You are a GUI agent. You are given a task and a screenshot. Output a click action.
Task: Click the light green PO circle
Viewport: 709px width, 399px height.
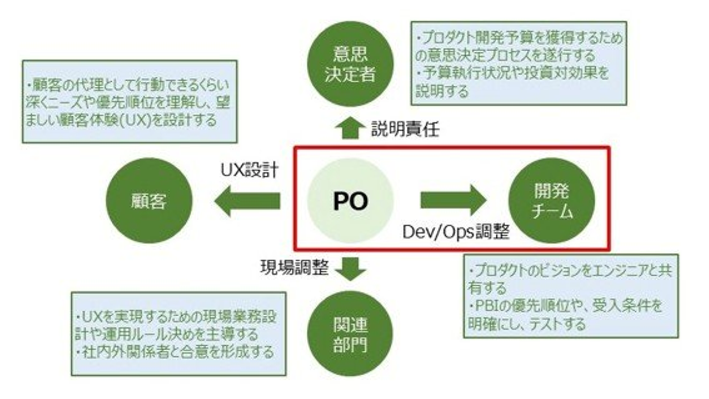point(351,200)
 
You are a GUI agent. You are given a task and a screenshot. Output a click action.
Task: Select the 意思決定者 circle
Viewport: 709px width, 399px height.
point(351,64)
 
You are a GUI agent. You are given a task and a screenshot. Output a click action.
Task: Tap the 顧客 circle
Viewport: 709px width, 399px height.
point(149,200)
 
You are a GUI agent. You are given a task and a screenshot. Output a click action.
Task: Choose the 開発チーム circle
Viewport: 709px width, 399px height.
point(551,200)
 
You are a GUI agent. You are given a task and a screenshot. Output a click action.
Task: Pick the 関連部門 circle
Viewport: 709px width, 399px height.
point(351,333)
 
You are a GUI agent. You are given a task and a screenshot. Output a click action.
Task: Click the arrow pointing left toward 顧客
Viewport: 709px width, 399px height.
point(247,201)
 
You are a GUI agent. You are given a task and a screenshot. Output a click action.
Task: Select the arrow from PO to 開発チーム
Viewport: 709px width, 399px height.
point(453,200)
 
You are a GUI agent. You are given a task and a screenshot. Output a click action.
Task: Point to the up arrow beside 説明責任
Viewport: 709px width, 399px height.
point(351,128)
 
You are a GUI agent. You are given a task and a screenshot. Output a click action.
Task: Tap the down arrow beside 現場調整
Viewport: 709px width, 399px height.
point(351,269)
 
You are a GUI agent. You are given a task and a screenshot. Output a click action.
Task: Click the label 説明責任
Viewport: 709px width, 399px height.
point(406,129)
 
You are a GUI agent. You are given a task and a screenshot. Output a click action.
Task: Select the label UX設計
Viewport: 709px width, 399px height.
point(250,170)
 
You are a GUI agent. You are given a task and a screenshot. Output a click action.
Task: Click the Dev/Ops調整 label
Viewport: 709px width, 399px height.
point(456,232)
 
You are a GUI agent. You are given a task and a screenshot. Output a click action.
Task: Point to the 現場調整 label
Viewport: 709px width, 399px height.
point(294,267)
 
